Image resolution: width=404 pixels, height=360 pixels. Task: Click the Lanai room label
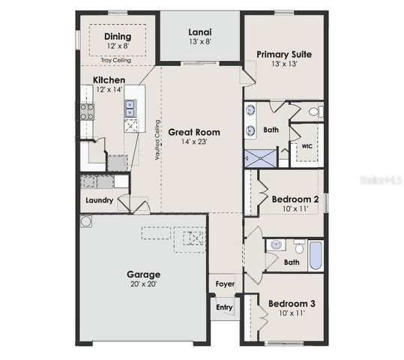199,32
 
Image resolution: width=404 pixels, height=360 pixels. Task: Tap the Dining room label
117,36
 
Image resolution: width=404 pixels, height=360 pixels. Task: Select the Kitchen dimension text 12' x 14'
109,90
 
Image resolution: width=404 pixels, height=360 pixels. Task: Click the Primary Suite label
283,54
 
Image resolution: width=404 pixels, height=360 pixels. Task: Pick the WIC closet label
307,147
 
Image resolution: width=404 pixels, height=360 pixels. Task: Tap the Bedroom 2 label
295,199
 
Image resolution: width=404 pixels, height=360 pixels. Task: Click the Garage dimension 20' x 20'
142,285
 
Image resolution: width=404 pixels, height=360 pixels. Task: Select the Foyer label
224,284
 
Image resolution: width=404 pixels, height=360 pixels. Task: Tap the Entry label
224,307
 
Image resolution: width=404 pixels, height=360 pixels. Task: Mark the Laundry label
99,200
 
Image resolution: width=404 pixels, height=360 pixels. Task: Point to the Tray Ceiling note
116,60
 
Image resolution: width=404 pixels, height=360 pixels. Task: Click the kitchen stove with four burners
87,112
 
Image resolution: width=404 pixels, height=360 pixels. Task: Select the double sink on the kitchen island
130,109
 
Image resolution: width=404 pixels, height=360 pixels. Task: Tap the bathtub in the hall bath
316,255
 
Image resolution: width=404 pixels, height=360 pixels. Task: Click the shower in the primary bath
259,159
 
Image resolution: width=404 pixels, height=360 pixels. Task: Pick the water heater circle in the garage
87,222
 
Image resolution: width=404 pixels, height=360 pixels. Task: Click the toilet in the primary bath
314,112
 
